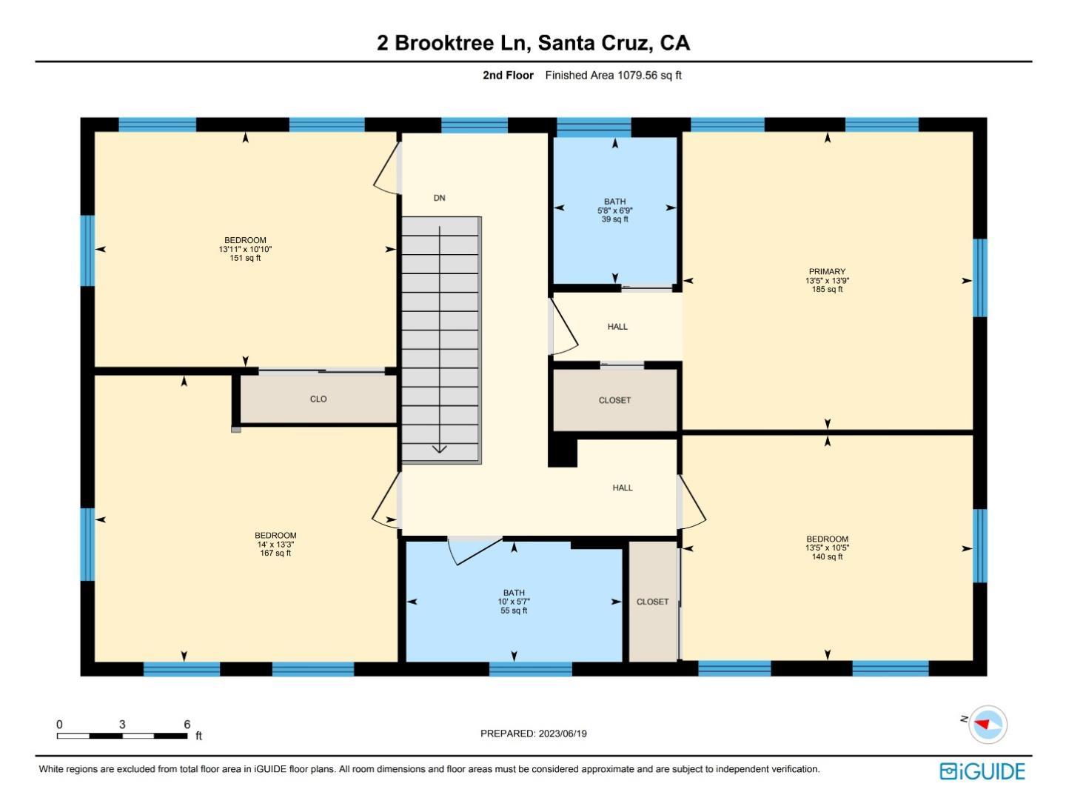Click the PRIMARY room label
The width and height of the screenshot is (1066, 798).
(x=827, y=271)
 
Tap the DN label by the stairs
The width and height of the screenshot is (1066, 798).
(x=439, y=198)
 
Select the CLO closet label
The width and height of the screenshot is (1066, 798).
(x=318, y=399)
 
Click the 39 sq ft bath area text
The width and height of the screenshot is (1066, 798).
(x=614, y=219)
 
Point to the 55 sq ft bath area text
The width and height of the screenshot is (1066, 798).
(x=514, y=611)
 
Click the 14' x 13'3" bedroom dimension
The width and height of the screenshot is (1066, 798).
(x=275, y=545)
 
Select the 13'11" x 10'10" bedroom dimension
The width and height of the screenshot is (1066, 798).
(x=245, y=249)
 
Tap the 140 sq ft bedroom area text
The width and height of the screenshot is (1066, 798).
(x=827, y=556)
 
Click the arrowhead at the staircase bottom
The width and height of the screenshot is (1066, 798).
(x=439, y=449)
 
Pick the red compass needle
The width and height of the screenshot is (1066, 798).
(x=982, y=724)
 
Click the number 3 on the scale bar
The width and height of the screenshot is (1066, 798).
(x=122, y=724)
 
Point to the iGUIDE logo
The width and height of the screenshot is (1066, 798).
(x=982, y=771)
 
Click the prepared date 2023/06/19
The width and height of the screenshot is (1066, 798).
(x=563, y=734)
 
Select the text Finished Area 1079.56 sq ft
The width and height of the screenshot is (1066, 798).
(x=614, y=76)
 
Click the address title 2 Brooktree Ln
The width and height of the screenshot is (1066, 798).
(x=452, y=43)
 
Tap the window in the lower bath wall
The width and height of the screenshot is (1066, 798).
(x=530, y=669)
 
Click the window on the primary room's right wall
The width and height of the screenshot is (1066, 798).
(x=979, y=278)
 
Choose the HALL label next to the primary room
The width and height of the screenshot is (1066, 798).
(x=617, y=327)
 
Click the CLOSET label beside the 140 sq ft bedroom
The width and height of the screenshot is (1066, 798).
(x=652, y=602)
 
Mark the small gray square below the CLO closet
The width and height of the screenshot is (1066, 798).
(x=235, y=430)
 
